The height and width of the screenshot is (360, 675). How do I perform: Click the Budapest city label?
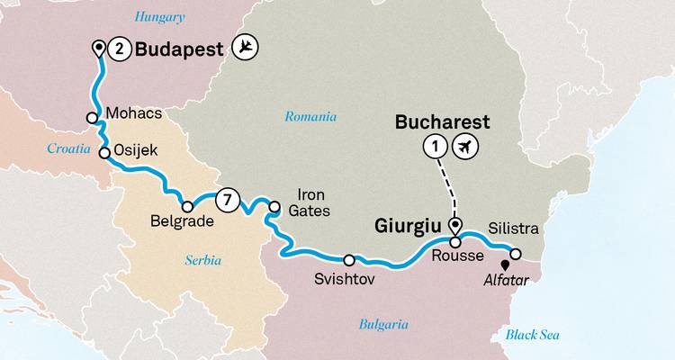(x=177, y=51)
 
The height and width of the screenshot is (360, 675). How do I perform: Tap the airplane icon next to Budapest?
(x=244, y=49)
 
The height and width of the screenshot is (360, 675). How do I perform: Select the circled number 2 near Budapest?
(x=118, y=50)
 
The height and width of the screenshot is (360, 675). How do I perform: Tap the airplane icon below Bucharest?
(x=466, y=146)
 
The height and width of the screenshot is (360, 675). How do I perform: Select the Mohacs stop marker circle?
(x=93, y=117)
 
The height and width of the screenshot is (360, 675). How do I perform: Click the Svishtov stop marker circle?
(x=349, y=261)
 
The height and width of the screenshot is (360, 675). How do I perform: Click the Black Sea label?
(x=532, y=335)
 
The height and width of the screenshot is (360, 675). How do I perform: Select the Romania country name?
(x=310, y=116)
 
